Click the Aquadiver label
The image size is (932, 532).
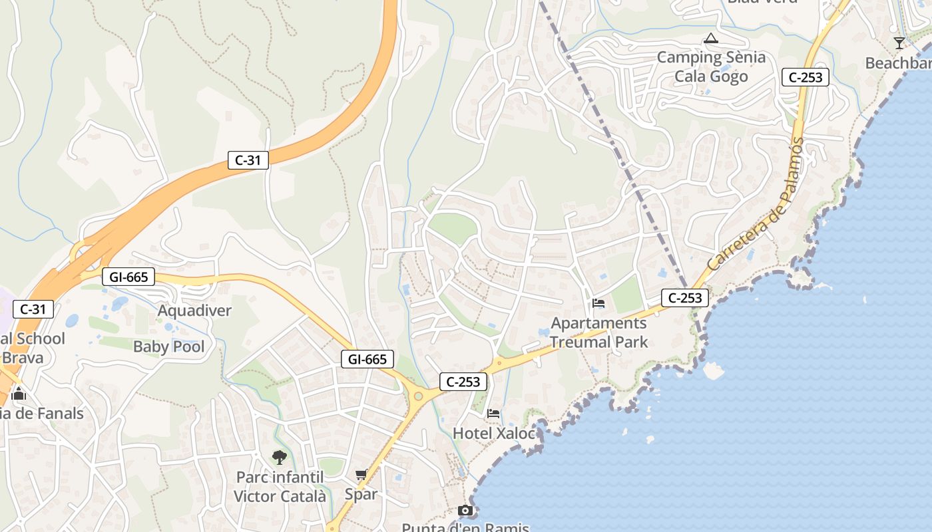[194, 311]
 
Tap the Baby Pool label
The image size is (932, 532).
[169, 346]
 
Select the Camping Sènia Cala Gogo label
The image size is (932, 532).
[711, 66]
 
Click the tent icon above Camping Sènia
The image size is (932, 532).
[711, 39]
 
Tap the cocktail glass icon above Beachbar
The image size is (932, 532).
[899, 43]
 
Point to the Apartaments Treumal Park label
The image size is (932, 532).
[598, 332]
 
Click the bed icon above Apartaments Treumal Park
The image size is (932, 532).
[598, 304]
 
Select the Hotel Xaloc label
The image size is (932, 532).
[493, 434]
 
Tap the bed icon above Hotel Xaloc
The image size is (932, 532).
[493, 414]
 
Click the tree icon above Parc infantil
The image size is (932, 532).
[280, 457]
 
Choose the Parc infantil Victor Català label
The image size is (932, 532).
[280, 487]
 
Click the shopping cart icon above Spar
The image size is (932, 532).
[361, 475]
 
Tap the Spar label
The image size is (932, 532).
[361, 494]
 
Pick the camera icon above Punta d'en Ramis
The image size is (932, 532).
[465, 511]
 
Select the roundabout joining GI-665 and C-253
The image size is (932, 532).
[418, 396]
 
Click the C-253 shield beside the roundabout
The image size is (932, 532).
[463, 382]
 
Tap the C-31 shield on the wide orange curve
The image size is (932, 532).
[248, 160]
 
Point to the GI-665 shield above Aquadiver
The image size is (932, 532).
[128, 277]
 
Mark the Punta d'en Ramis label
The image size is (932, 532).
[465, 527]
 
